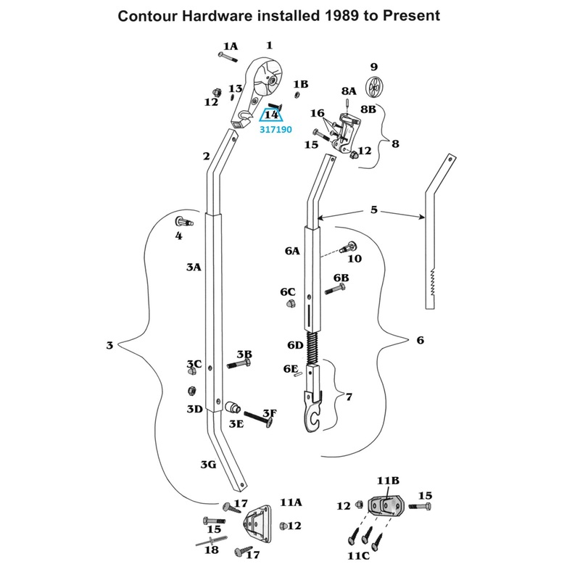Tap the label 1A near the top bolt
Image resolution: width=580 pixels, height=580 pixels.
230,46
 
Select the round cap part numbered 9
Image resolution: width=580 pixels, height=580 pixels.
375,87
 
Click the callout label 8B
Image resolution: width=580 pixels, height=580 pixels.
368,109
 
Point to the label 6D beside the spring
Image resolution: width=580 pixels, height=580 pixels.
295,345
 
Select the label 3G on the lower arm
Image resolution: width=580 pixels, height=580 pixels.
208,464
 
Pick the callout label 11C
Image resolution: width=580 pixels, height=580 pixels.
358,556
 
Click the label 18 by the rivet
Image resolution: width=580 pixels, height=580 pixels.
212,550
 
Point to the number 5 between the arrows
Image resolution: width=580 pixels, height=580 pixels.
373,210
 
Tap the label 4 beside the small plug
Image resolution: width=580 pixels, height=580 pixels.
178,236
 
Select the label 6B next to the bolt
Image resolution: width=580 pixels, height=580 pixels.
341,278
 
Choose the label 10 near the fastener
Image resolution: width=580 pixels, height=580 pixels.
355,259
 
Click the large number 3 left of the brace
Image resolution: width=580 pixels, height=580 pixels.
109,345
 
